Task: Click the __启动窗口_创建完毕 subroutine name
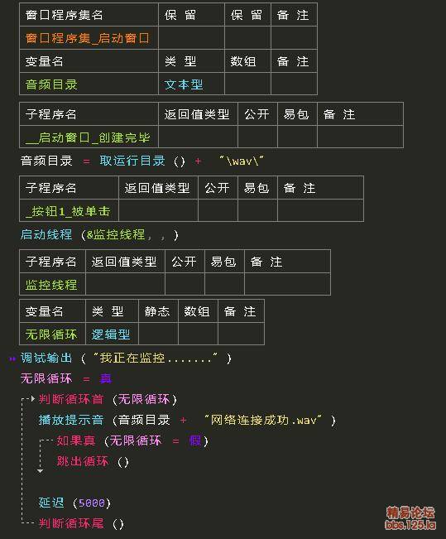click(88, 137)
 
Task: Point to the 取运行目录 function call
click(132, 161)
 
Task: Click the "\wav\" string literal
click(242, 161)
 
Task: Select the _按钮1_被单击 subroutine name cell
click(68, 211)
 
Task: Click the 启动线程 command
click(46, 234)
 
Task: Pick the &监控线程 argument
click(116, 234)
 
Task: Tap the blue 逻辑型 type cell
click(111, 334)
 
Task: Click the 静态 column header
click(157, 311)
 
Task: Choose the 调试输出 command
click(46, 358)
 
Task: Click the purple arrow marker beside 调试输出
click(12, 359)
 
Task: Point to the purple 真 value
click(105, 378)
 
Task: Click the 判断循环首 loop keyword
click(71, 399)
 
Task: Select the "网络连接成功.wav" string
click(263, 420)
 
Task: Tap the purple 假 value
click(195, 440)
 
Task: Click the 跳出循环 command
click(83, 461)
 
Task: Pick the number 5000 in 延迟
click(91, 503)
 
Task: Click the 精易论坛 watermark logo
click(410, 517)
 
